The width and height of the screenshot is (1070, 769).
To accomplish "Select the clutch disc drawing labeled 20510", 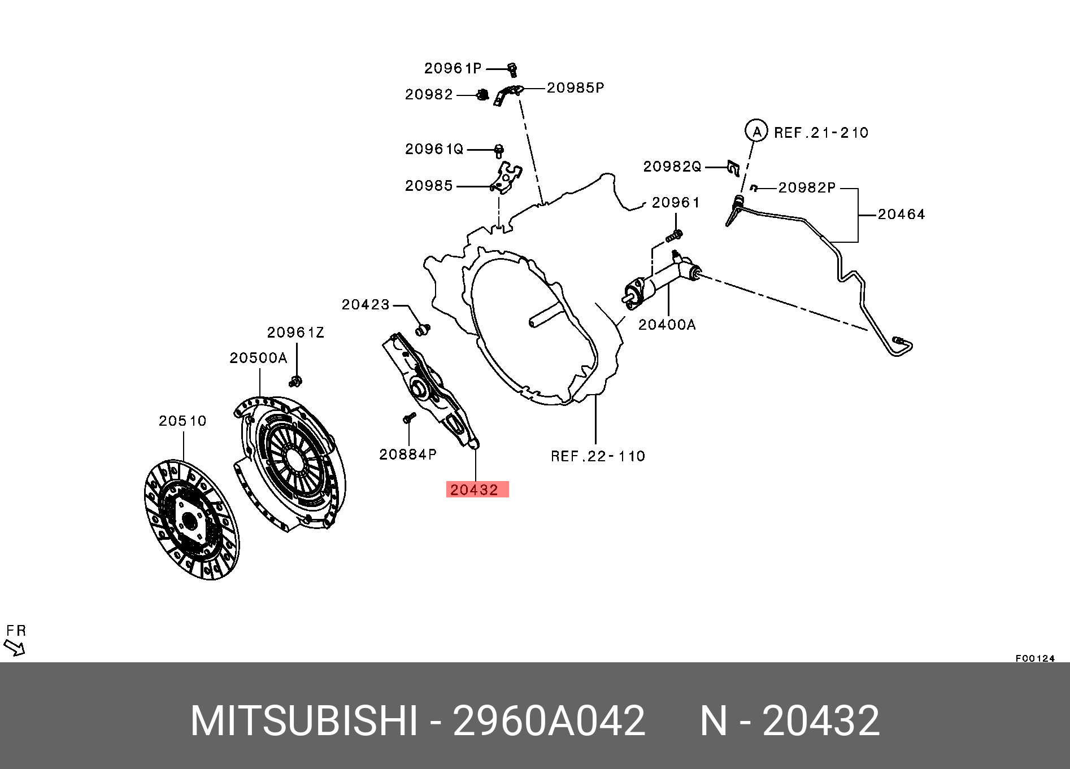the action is coord(191,519).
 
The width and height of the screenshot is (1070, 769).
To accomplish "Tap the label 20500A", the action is coord(258,358).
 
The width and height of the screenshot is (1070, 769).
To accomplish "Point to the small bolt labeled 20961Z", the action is coord(295,382).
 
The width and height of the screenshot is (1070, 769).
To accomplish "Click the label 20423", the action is coord(366,305).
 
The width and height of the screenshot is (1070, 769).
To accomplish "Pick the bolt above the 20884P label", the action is coord(409,418).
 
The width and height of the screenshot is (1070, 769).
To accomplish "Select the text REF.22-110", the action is coord(598,456).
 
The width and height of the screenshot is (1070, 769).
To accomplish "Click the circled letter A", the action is coord(756,131).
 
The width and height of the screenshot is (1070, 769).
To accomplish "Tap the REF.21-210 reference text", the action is coord(821,133).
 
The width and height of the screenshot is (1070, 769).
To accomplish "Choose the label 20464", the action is coord(901,215).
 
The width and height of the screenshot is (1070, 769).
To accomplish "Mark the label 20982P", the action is coord(806,187).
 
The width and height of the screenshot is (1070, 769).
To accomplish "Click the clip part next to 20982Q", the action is coord(733,168).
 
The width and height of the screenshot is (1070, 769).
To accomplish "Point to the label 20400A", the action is coord(667,325).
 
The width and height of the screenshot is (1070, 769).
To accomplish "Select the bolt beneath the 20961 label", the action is coord(675,235).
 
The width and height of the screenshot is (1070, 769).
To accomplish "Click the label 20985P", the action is coord(575,88).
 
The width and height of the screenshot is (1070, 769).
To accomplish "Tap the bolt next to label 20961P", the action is coord(512,69).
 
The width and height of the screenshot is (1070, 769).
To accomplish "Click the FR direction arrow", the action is coord(15,647).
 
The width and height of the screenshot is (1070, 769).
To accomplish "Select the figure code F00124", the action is coord(1035,658).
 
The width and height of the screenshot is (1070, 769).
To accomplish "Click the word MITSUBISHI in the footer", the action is coord(304,721).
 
